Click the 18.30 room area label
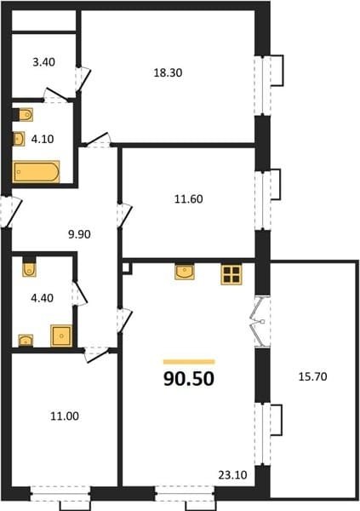point(168,72)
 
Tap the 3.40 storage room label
point(43,62)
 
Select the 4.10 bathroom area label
point(43,139)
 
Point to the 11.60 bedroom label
point(189,198)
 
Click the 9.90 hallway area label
point(79,234)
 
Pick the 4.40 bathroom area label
point(42,298)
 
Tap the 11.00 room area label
point(65,416)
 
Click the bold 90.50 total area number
point(189,379)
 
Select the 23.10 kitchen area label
point(232,475)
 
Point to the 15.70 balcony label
point(312,376)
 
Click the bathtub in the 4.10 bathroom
point(36,172)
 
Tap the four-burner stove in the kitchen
point(231,274)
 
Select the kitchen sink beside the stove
point(185,272)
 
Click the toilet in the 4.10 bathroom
point(26,115)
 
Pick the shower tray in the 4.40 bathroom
point(61,336)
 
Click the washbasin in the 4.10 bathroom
point(19,139)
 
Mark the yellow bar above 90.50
point(189,362)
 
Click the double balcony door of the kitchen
point(260,322)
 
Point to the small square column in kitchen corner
point(127,268)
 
